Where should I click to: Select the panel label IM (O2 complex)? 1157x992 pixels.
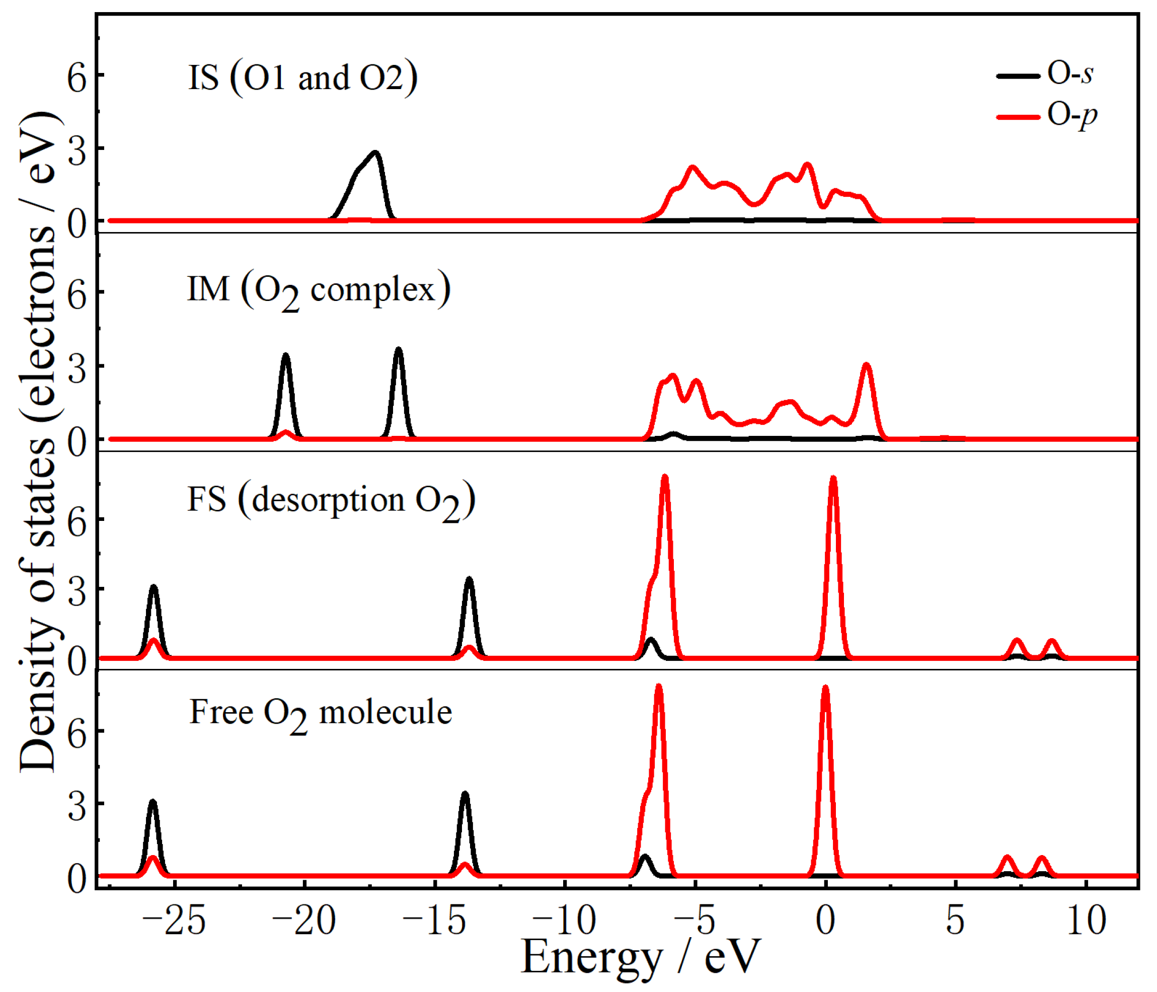(318, 290)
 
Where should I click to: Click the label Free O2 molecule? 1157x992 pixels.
(321, 714)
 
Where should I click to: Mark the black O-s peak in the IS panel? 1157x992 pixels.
(375, 154)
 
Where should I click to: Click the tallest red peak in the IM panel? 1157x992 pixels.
(866, 366)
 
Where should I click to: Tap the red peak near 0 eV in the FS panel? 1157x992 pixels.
(833, 479)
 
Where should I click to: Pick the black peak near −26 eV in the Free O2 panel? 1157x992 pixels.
(153, 803)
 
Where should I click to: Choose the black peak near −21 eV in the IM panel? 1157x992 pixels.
(286, 356)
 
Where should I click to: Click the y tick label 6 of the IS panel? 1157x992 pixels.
(77, 77)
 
